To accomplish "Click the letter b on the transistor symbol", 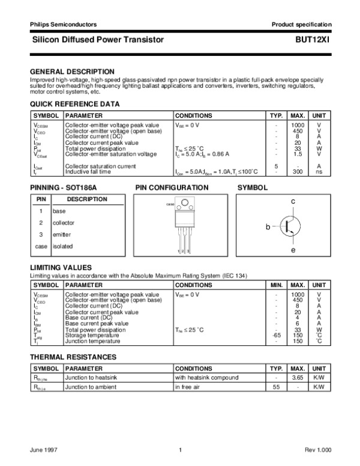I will click(268, 228).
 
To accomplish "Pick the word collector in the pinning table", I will click(64, 223).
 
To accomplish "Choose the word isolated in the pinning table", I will click(62, 246).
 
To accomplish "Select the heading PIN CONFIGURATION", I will click(172, 188).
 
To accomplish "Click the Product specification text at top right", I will click(301, 25).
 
